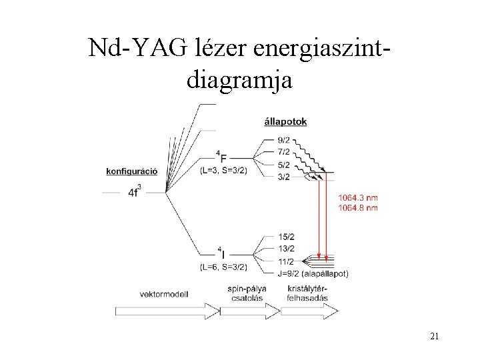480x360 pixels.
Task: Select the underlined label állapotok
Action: pyautogui.click(x=285, y=122)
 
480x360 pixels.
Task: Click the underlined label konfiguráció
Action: pyautogui.click(x=131, y=171)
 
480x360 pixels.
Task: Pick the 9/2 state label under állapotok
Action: pyautogui.click(x=283, y=141)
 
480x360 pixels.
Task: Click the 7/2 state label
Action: pyautogui.click(x=283, y=153)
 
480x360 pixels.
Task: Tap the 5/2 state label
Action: pyautogui.click(x=283, y=165)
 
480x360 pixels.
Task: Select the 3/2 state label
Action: pyautogui.click(x=283, y=177)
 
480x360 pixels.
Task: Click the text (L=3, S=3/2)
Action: pyautogui.click(x=223, y=171)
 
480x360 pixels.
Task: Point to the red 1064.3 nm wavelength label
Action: pyautogui.click(x=357, y=197)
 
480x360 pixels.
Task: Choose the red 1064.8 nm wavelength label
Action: pyautogui.click(x=357, y=207)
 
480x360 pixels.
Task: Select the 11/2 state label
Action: pyautogui.click(x=285, y=261)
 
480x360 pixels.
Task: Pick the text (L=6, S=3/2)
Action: pyautogui.click(x=223, y=267)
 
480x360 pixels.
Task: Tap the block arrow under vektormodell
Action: pyautogui.click(x=167, y=311)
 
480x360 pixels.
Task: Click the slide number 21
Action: pyautogui.click(x=434, y=337)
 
